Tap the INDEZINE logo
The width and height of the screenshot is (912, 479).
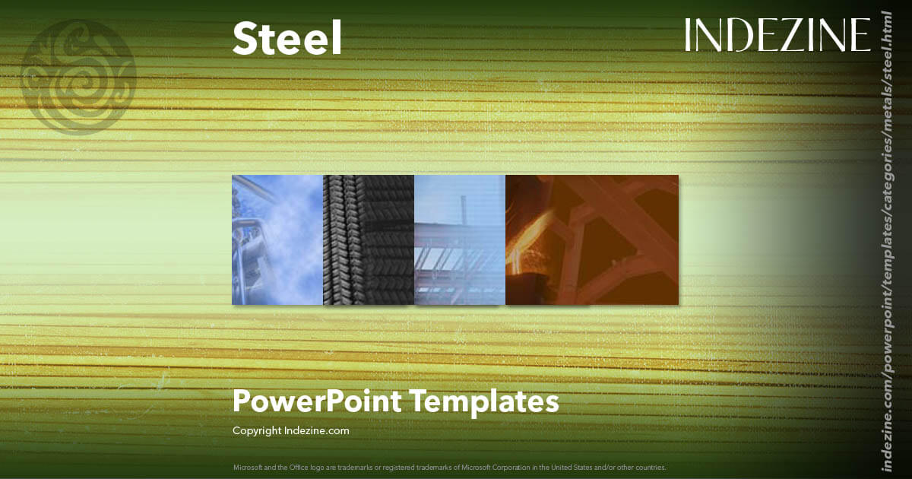point(777,35)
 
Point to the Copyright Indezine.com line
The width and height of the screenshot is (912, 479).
point(290,430)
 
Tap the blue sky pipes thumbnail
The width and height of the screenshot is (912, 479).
point(277,239)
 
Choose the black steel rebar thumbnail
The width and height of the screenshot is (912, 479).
point(369,239)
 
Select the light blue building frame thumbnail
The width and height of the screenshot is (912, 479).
point(460,239)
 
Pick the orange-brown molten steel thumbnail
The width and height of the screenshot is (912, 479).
point(591,239)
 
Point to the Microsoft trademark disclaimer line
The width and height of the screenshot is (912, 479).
point(449,467)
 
